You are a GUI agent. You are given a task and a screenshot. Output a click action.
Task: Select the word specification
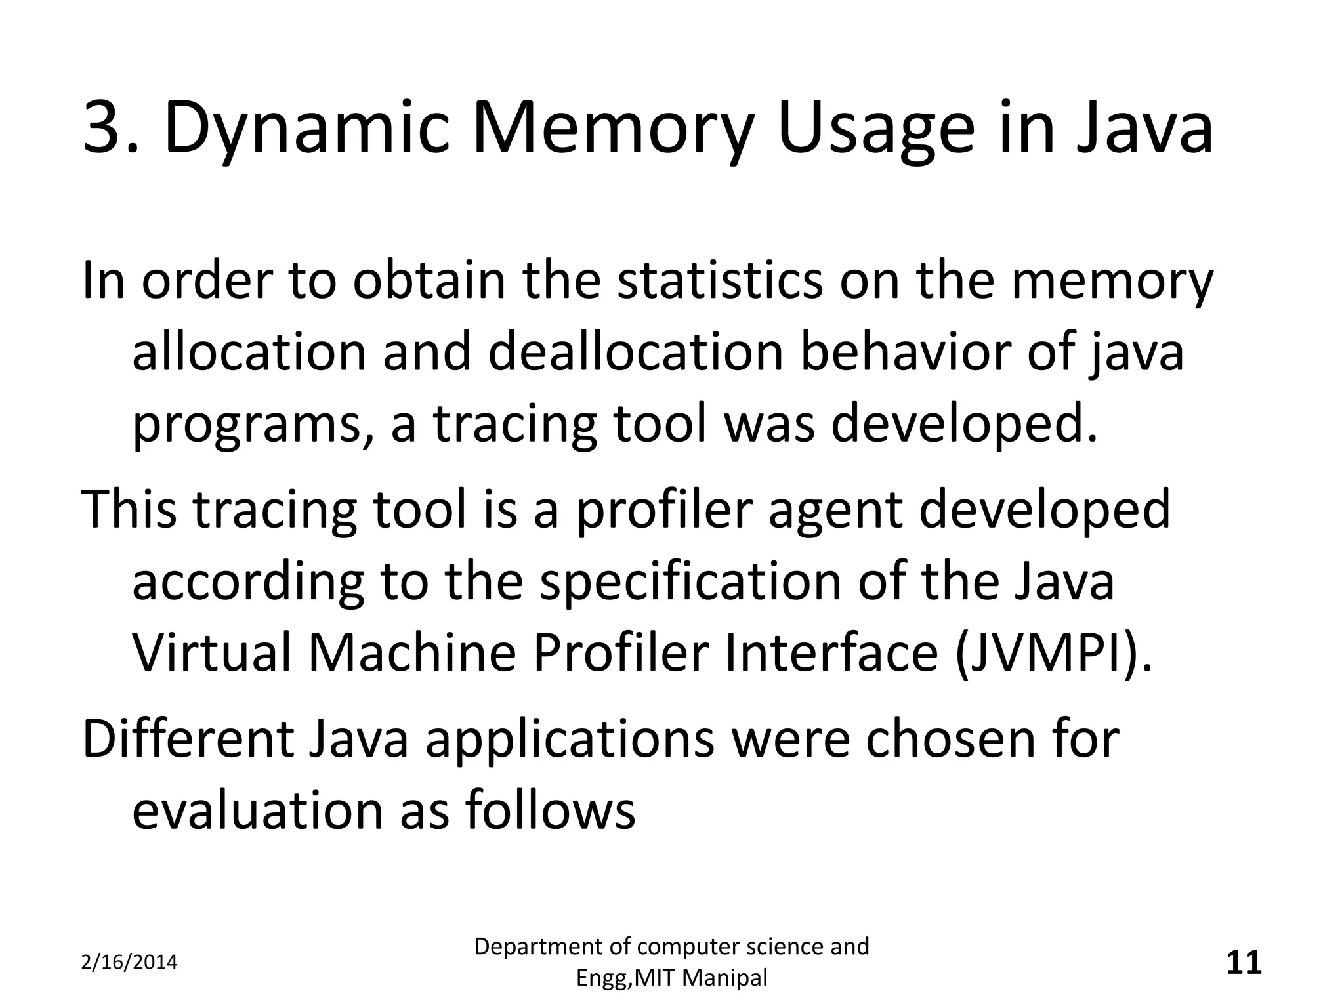tap(690, 582)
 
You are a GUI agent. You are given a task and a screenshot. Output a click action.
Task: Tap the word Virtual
tap(211, 654)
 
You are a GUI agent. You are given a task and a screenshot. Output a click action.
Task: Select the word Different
tap(188, 740)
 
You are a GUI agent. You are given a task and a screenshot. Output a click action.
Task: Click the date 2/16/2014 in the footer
tap(129, 963)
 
